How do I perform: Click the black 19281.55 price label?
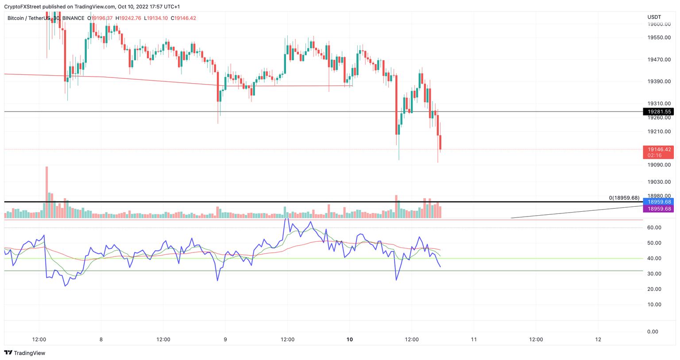pyautogui.click(x=658, y=112)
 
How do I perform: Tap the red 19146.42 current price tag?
pyautogui.click(x=658, y=150)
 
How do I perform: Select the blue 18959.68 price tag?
pyautogui.click(x=658, y=202)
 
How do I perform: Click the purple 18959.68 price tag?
pyautogui.click(x=658, y=209)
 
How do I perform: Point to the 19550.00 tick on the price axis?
pyautogui.click(x=659, y=38)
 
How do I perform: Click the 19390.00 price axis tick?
pyautogui.click(x=659, y=82)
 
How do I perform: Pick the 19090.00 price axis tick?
pyautogui.click(x=659, y=165)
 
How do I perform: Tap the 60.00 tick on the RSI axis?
pyautogui.click(x=654, y=228)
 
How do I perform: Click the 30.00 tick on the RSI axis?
pyautogui.click(x=654, y=274)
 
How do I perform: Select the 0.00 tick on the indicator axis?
pyautogui.click(x=652, y=332)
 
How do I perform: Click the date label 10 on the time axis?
pyautogui.click(x=350, y=340)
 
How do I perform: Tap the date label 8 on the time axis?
pyautogui.click(x=101, y=340)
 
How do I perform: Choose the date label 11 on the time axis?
pyautogui.click(x=474, y=340)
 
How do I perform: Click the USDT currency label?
pyautogui.click(x=654, y=17)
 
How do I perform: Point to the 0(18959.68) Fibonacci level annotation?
pyautogui.click(x=624, y=198)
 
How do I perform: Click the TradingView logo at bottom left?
pyautogui.click(x=25, y=353)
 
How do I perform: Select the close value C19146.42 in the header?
pyautogui.click(x=183, y=18)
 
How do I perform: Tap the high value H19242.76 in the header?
pyautogui.click(x=128, y=18)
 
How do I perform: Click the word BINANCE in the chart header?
pyautogui.click(x=73, y=18)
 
